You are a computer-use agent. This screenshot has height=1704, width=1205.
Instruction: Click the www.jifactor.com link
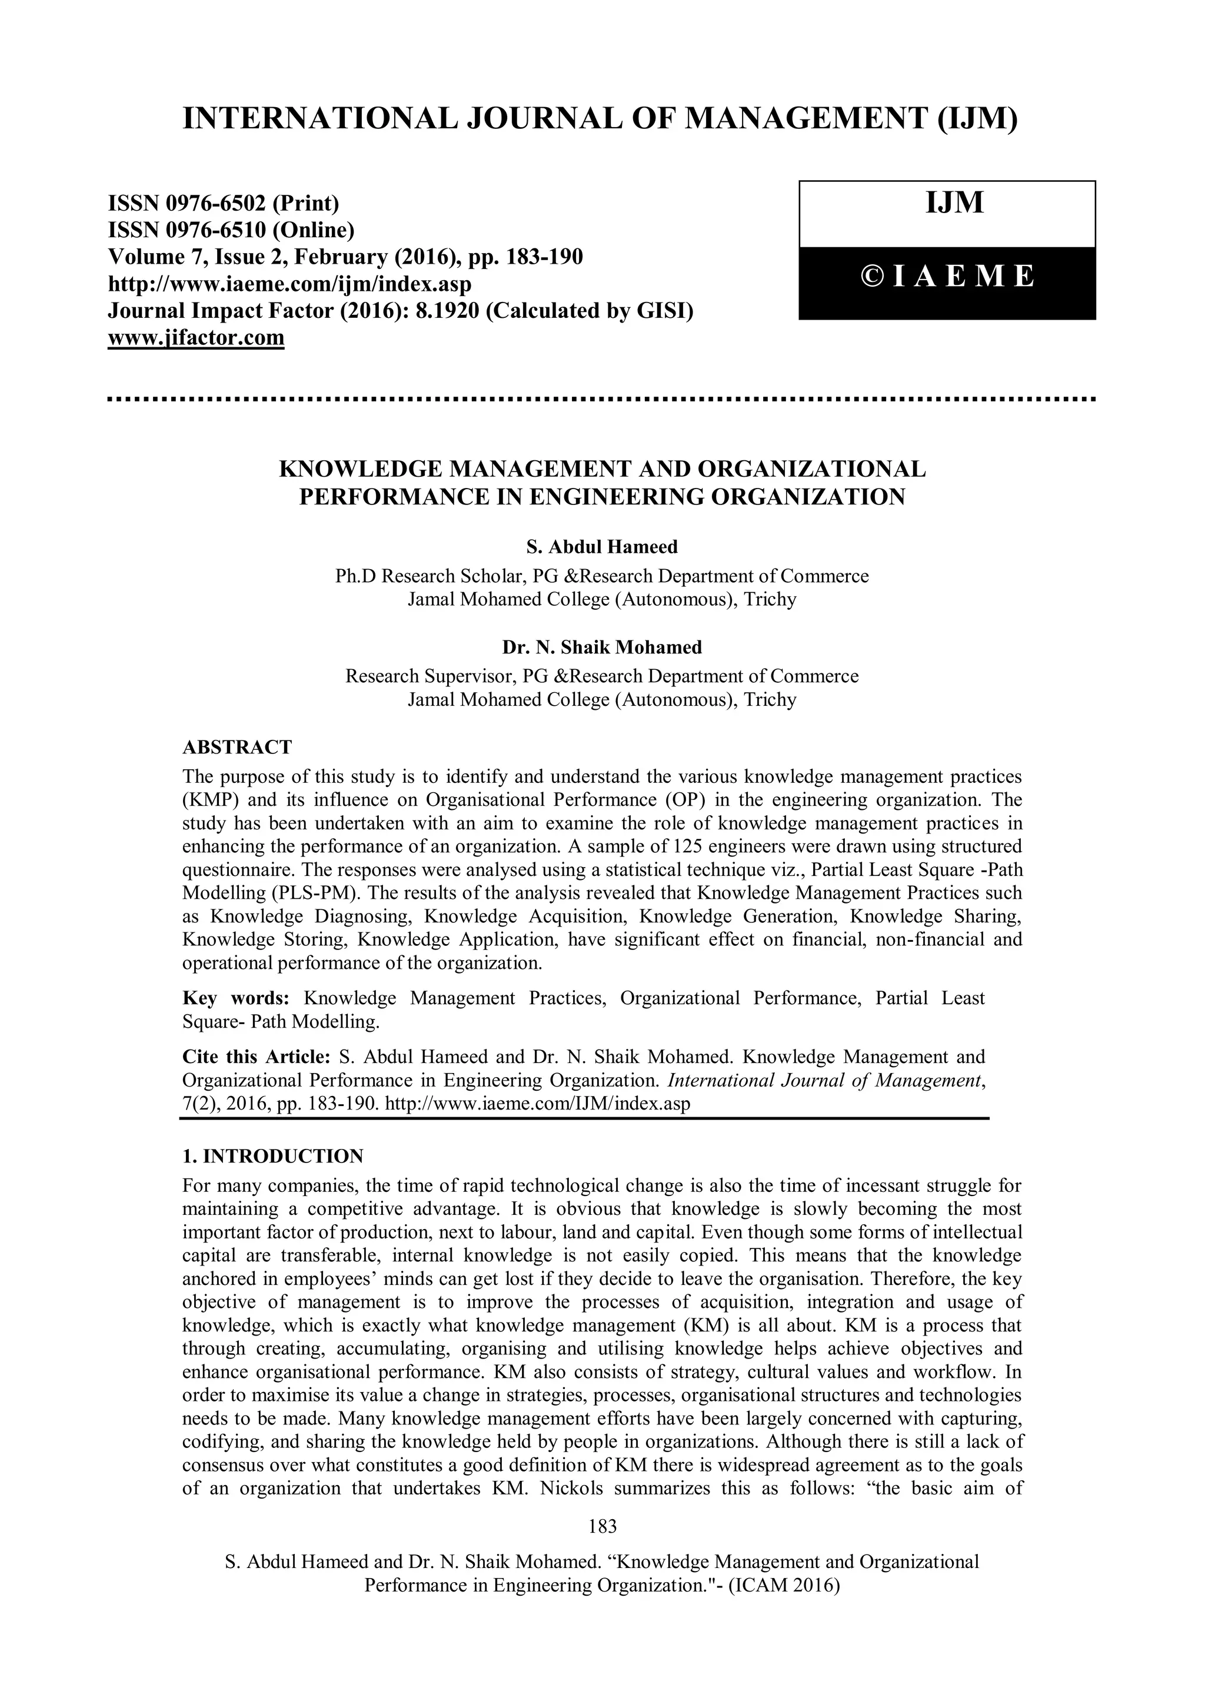[x=196, y=338]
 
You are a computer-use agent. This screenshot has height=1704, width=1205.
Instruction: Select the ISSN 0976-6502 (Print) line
[x=224, y=202]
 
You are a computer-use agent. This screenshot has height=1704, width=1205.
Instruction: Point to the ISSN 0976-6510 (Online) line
[x=231, y=230]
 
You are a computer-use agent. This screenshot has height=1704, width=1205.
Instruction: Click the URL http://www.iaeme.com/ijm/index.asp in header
[x=290, y=284]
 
